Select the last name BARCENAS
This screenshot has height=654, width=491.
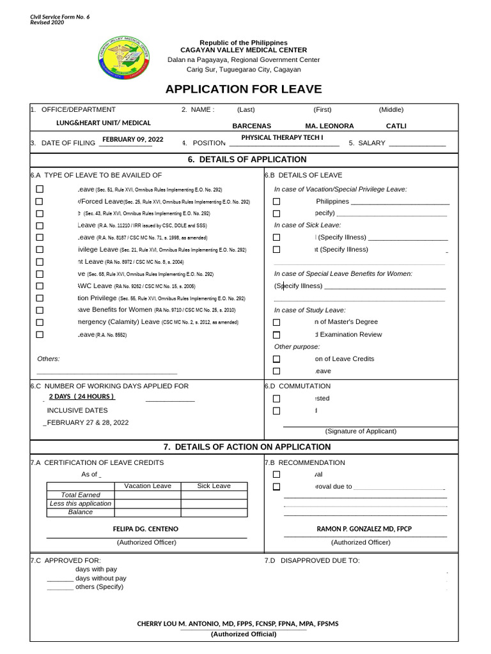251,126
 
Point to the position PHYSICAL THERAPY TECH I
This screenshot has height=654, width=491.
282,138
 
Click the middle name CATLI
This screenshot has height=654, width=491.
396,126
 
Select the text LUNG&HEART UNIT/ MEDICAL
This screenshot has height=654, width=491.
104,123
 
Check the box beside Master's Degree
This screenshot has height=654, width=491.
277,323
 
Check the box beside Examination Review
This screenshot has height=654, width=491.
277,335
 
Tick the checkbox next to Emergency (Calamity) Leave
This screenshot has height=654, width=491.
40,322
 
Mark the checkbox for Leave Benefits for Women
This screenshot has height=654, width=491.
40,310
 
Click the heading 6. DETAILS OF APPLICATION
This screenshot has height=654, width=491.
247,160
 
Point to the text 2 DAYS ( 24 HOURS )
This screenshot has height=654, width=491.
82,396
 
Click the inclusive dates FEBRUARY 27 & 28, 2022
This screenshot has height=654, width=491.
88,422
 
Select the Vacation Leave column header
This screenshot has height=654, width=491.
148,486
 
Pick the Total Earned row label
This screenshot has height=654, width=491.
81,495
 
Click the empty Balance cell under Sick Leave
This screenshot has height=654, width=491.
214,512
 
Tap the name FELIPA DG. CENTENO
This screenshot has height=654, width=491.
146,529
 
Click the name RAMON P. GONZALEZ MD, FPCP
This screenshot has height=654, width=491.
364,529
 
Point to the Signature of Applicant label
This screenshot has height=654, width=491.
361,431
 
